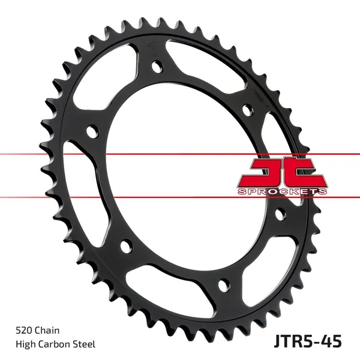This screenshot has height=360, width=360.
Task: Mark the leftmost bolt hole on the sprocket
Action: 92,130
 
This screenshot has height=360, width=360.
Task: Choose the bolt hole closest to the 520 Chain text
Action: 125,245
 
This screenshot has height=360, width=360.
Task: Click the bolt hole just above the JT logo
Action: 247,111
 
